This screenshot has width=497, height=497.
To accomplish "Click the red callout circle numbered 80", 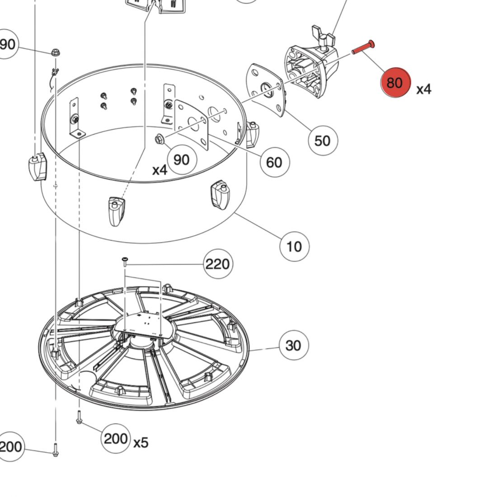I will point(395,82).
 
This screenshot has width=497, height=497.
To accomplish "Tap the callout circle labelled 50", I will point(322,141).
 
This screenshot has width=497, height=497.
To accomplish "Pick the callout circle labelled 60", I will point(274,162).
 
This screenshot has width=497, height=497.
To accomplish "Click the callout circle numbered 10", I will point(294,246).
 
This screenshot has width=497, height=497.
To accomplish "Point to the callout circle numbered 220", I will point(218,264).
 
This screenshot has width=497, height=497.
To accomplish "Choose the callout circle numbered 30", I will point(293,346).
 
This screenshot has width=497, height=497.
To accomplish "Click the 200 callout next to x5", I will point(116,438).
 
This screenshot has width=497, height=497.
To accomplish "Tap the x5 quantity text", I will point(141,442).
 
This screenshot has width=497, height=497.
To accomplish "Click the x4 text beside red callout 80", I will point(424,89).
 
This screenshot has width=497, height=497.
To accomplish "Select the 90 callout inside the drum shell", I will point(181,159).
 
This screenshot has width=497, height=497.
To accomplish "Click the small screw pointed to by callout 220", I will point(125,259).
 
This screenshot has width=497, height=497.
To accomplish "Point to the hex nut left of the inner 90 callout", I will point(159,139).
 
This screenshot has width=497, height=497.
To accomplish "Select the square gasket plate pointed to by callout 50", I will point(266,89).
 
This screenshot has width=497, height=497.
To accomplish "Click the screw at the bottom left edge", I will point(55,450).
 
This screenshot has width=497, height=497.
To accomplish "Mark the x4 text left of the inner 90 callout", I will point(159,170).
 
